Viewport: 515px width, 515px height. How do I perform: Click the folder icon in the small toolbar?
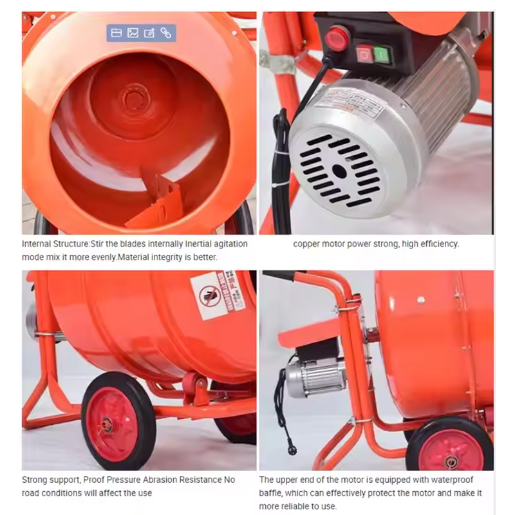pos(117,33)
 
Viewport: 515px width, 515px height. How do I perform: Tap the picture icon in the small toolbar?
pos(133,33)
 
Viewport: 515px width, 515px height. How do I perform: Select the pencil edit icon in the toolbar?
pos(149,33)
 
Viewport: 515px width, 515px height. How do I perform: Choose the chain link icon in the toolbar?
pos(166,33)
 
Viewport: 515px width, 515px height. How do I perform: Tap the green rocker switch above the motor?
pos(382,54)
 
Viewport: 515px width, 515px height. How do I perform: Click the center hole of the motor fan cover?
pos(339,171)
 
